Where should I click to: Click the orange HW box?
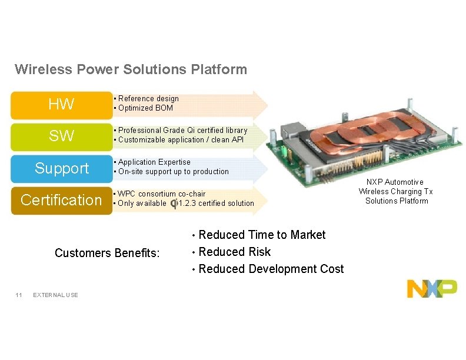pos(61,105)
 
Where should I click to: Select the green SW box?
pos(61,136)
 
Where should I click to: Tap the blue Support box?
pos(61,168)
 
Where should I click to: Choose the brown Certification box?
pos(61,200)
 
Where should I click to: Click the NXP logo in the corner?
pos(432,288)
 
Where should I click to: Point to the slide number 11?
pos(19,295)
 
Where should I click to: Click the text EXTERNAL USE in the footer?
pos(56,295)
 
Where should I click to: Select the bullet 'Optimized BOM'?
pos(146,108)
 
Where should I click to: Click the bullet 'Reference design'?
pos(148,99)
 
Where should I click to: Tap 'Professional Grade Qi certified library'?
pos(182,131)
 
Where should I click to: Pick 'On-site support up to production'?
pos(174,172)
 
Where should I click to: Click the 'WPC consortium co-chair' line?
pos(162,194)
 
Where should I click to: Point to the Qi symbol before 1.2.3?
pos(174,204)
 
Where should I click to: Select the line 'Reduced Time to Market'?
pos(262,235)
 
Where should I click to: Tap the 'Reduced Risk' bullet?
pos(235,252)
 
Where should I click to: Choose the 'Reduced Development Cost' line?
pos(271,269)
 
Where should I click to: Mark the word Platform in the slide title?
pos(219,70)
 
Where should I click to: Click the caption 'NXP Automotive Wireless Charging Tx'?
pos(396,187)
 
